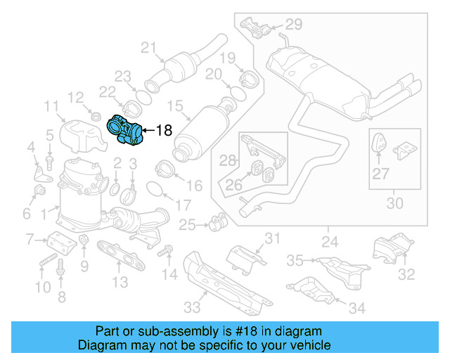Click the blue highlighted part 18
124,132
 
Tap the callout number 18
162,130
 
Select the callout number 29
292,25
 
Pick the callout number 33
191,307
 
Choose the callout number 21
148,48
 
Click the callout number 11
51,106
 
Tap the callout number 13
120,282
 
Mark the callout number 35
295,261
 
